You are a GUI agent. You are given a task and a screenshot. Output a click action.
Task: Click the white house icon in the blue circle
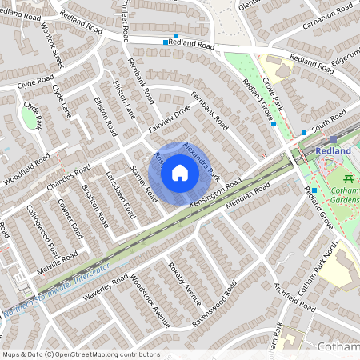180,172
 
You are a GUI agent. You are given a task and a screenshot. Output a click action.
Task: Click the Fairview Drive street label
169,118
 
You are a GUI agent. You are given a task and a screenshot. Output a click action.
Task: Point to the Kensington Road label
217,191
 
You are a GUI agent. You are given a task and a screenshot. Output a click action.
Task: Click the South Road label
328,122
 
